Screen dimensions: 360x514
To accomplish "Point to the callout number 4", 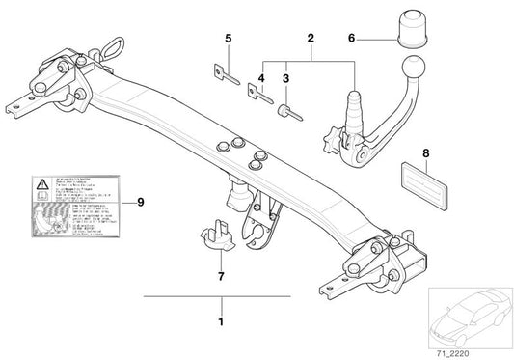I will [260, 76].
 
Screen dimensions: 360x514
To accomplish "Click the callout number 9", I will [140, 201].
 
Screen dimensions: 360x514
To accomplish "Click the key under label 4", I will [257, 97].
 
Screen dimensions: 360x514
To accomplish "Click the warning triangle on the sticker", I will [42, 182].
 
